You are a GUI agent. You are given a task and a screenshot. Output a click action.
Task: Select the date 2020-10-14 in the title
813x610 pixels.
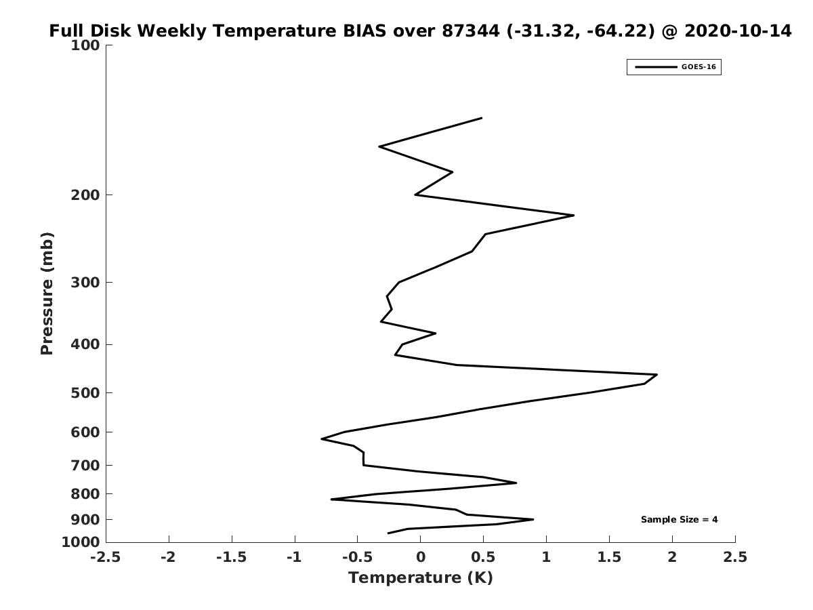tap(737, 30)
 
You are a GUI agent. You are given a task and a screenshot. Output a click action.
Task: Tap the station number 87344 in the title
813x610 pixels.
tap(470, 30)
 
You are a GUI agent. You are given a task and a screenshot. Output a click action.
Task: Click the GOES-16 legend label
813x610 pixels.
tap(699, 67)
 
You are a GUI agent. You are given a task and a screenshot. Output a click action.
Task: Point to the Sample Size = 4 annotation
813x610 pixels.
tap(679, 520)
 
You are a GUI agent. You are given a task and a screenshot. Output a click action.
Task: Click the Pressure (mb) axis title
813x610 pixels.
tap(47, 293)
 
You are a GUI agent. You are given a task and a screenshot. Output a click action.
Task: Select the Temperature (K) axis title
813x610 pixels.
tap(421, 577)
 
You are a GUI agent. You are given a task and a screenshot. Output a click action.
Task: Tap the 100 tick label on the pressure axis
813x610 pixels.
tap(85, 45)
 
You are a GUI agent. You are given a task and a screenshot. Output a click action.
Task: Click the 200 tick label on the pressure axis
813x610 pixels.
tap(85, 195)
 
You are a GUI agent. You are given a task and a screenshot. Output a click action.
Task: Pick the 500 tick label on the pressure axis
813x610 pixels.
tap(85, 392)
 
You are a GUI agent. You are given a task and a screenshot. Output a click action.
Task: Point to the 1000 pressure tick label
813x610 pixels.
tap(81, 542)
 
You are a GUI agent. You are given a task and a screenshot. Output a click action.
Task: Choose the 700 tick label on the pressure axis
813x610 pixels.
tap(85, 465)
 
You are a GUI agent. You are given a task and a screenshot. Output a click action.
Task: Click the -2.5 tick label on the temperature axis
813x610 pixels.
tap(106, 557)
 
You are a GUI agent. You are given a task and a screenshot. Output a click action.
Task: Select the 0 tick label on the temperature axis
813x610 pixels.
tap(421, 557)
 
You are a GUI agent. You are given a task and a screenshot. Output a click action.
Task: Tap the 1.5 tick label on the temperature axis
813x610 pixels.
tap(609, 557)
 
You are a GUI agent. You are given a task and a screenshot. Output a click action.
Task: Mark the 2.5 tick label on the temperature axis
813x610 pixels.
tap(735, 557)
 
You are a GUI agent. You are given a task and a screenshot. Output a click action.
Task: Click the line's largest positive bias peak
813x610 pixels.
tap(656, 375)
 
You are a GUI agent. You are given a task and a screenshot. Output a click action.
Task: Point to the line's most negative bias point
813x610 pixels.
tap(322, 439)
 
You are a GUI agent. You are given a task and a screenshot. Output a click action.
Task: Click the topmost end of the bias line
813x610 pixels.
tap(482, 118)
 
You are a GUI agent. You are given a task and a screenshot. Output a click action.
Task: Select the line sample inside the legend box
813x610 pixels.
tap(656, 67)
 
